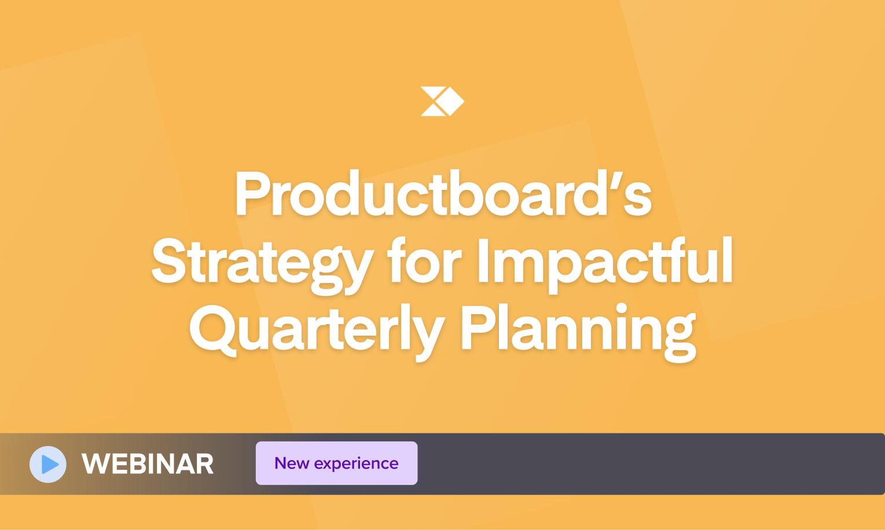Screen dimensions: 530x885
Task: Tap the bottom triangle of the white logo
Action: [432, 111]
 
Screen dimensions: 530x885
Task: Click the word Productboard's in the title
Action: [443, 194]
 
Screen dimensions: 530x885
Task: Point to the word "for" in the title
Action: [424, 261]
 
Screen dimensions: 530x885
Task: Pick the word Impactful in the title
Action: [605, 262]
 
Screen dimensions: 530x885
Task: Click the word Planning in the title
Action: [578, 330]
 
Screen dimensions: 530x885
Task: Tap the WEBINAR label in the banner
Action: [148, 464]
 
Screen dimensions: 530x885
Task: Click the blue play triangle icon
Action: [50, 465]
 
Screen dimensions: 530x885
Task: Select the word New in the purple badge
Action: [292, 463]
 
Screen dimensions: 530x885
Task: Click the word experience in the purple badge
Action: [356, 464]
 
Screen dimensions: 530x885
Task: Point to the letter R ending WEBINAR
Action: [204, 464]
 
